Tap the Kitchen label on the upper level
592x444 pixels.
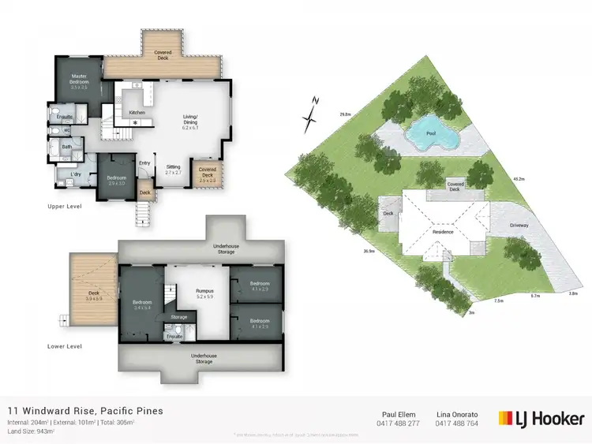[137, 113]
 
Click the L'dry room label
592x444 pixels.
[77, 173]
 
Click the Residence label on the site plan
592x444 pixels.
[443, 233]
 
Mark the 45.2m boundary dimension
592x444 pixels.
[518, 179]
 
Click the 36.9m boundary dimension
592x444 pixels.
[368, 252]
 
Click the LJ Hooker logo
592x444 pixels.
[542, 418]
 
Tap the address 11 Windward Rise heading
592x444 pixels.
[85, 411]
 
